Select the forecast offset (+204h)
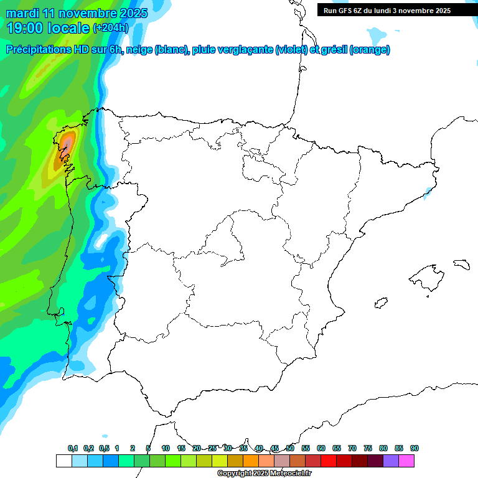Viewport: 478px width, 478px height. point(111,28)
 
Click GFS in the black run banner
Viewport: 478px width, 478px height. point(347,11)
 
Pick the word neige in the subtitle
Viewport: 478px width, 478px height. point(138,50)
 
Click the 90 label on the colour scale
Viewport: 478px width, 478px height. point(415,448)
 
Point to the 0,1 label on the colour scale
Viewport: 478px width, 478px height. point(73,448)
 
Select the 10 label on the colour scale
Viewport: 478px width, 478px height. point(166,448)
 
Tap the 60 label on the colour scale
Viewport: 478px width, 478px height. point(321,448)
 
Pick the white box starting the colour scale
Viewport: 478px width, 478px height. point(63,461)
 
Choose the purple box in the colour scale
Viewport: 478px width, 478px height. point(391,461)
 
